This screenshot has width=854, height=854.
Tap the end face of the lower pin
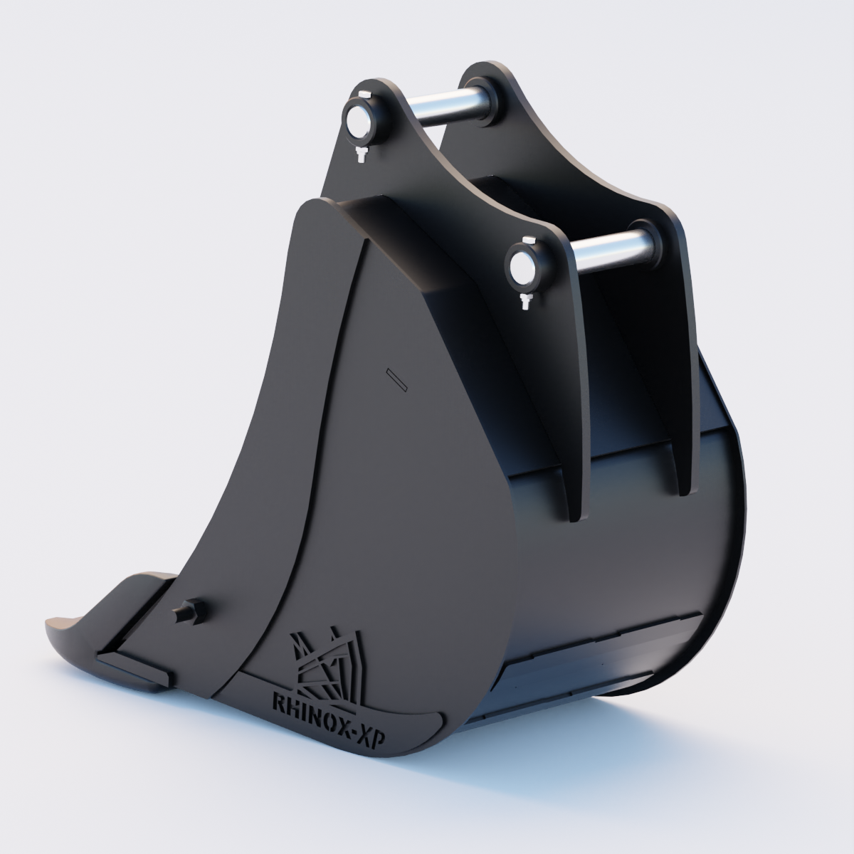525,269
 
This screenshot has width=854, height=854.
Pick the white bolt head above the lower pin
527,239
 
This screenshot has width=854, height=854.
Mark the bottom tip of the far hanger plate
683,491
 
